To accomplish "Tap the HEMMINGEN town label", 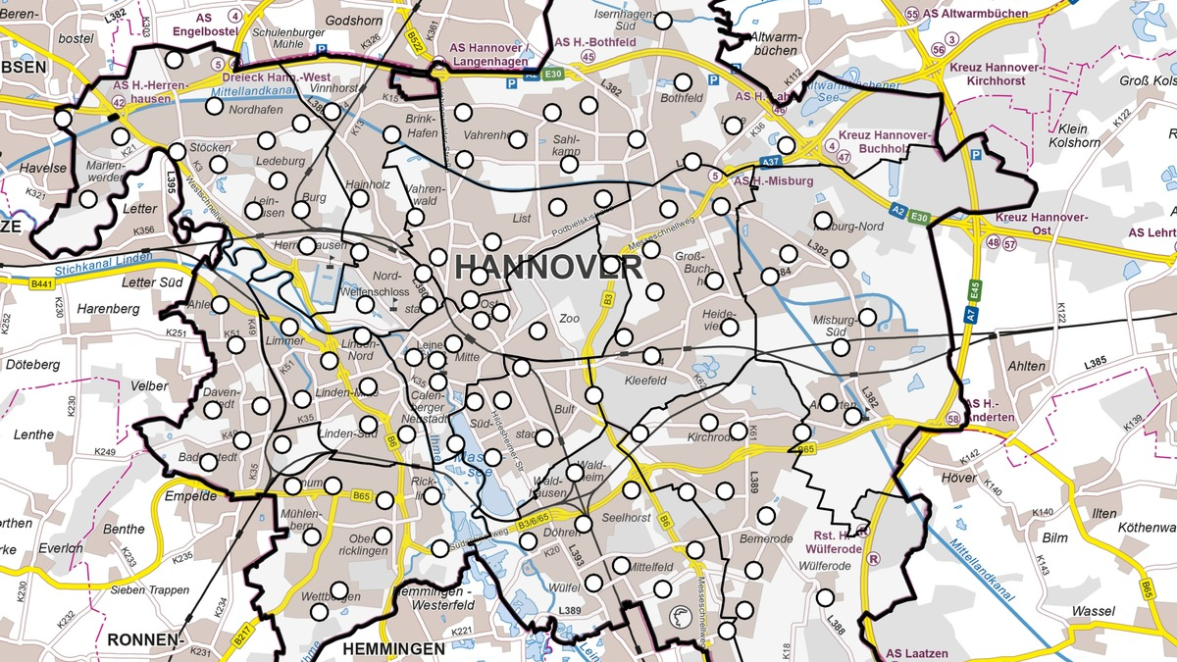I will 393,648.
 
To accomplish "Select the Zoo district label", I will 569,319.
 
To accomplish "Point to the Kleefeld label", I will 645,380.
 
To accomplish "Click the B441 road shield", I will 41,283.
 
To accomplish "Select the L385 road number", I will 1095,362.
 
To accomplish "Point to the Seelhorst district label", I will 626,518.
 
